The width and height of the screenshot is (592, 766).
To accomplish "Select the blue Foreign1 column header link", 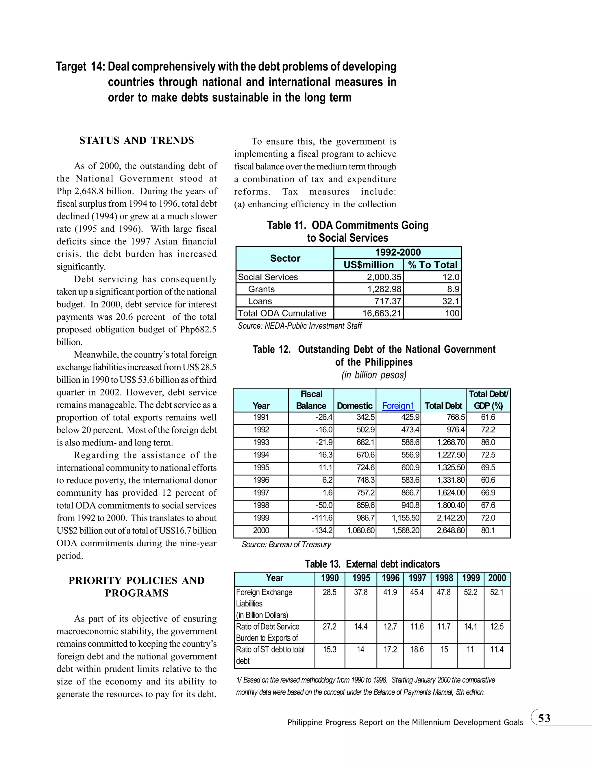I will tap(398, 406).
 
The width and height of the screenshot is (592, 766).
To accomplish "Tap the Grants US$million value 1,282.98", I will tap(384, 289).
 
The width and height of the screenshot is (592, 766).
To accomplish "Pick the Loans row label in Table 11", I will tap(260, 301).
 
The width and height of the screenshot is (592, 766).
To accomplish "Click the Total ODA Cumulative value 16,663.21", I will tap(381, 313).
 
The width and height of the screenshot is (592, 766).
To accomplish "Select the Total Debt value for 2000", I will tap(451, 530).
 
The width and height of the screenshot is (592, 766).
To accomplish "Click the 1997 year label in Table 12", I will tap(261, 493).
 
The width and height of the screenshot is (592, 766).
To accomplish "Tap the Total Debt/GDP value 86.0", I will tap(488, 442).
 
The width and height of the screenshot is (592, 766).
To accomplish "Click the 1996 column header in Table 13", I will tap(390, 578).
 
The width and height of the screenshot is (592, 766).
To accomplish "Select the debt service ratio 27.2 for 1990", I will tap(329, 627).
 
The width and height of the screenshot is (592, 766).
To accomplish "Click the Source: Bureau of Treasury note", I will tap(286, 544).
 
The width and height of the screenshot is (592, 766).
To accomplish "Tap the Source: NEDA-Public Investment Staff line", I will tap(299, 326).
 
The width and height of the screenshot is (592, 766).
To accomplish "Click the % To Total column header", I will tap(432, 265).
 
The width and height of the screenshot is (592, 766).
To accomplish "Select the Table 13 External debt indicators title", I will tap(372, 564).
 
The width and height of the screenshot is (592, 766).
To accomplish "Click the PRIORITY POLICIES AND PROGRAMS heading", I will tap(136, 587).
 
